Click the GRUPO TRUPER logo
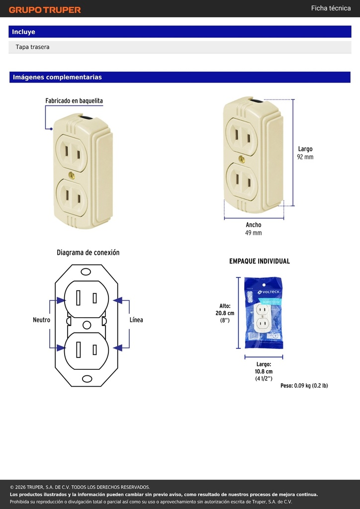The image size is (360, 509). [x=45, y=10]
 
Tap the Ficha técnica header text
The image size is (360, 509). [x=331, y=8]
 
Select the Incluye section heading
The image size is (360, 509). [x=23, y=32]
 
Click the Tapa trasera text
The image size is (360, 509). [x=32, y=47]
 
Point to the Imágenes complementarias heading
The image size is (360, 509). [x=57, y=77]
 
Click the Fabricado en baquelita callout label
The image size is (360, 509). [x=74, y=101]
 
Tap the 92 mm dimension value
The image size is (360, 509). [x=305, y=157]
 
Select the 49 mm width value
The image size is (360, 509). [x=253, y=233]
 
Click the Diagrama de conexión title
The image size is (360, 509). [x=88, y=253]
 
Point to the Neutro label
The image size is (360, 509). [x=42, y=320]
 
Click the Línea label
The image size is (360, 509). [x=136, y=320]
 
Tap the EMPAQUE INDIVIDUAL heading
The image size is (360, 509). [x=260, y=261]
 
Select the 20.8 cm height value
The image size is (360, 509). [x=225, y=313]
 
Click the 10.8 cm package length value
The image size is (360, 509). [x=264, y=371]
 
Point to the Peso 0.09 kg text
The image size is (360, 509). [x=304, y=386]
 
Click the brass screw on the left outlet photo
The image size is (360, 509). [x=72, y=175]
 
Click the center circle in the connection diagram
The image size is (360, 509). [x=87, y=325]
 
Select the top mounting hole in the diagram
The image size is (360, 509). [x=86, y=272]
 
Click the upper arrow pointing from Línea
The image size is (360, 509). [x=121, y=300]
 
